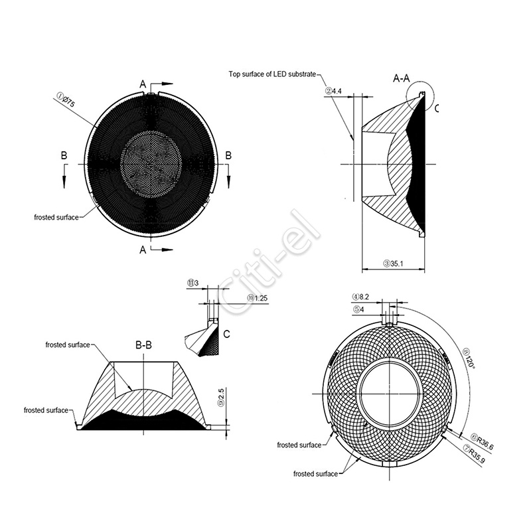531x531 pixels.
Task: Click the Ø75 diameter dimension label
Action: [x=66, y=102]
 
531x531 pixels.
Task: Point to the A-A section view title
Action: [x=402, y=78]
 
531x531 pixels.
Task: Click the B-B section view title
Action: [x=143, y=345]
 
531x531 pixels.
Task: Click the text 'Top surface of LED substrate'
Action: [x=272, y=74]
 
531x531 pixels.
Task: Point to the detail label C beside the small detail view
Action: [x=226, y=334]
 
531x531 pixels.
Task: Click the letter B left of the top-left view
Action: [x=64, y=155]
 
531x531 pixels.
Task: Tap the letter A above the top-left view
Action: [x=143, y=84]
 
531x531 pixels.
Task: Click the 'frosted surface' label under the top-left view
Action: [x=56, y=217]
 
